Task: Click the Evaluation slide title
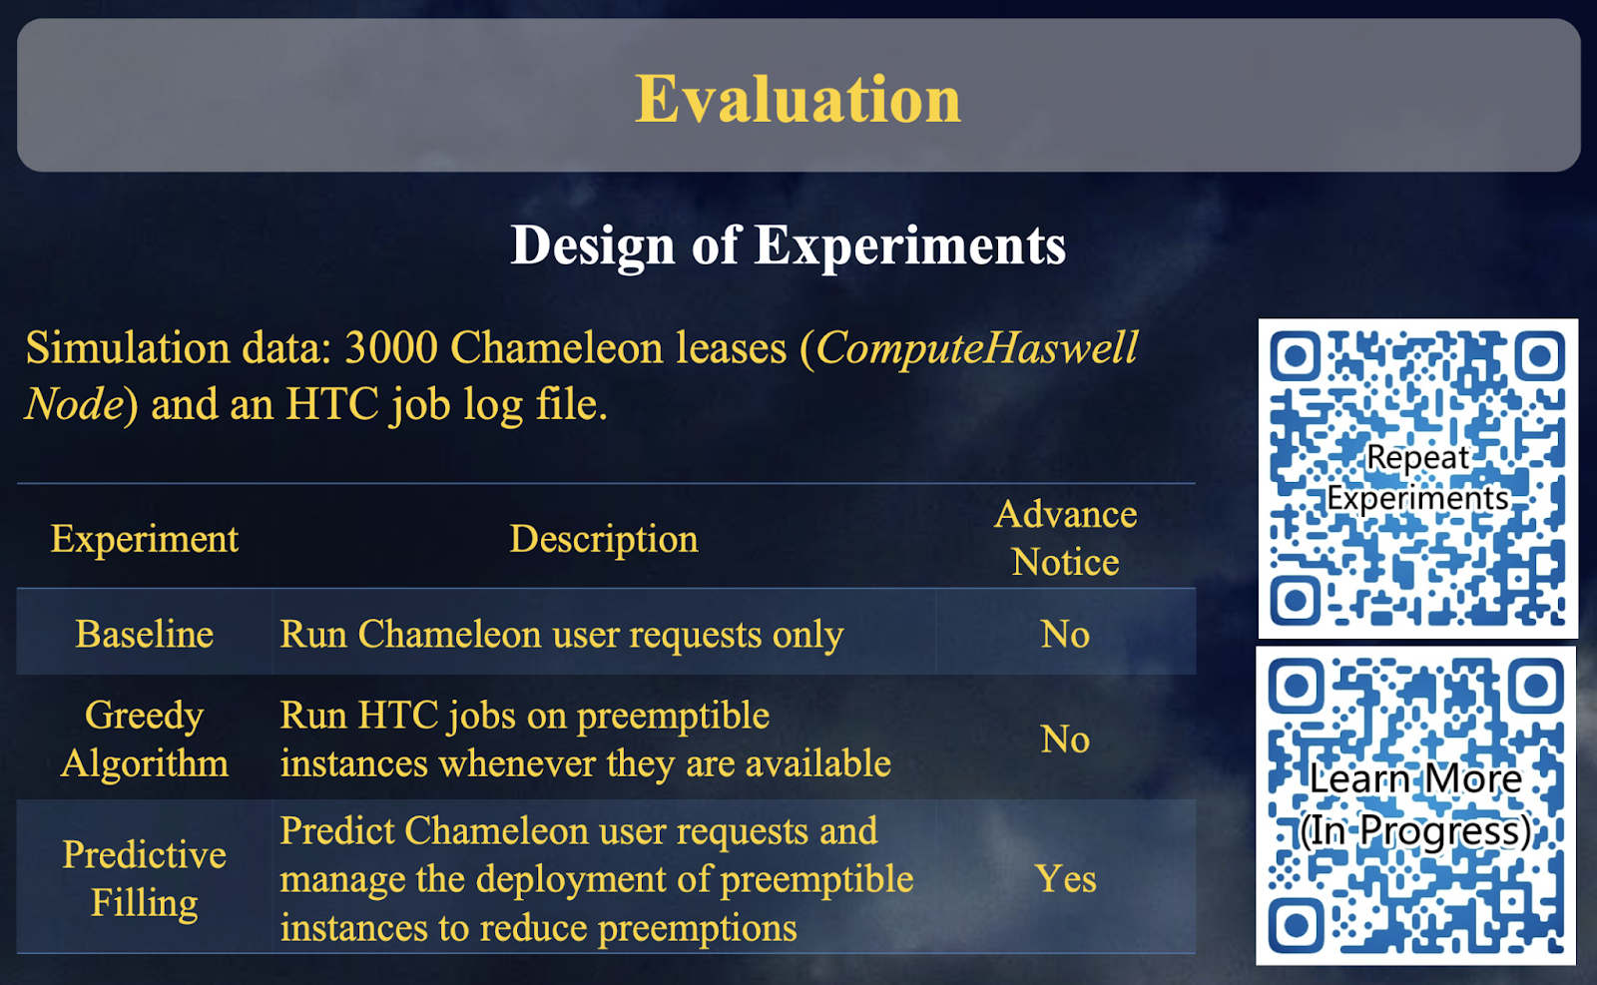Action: pos(798,99)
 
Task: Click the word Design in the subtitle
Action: pos(593,246)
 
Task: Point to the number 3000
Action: pos(390,348)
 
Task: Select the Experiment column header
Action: pos(144,539)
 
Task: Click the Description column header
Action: pos(604,539)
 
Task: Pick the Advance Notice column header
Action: pos(1066,537)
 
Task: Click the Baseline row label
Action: pos(144,634)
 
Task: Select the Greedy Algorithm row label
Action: pos(144,739)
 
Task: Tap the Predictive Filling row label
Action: pos(144,879)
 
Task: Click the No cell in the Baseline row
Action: pos(1065,634)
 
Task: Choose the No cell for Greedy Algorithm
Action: pos(1065,739)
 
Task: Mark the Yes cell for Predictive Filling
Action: pos(1066,879)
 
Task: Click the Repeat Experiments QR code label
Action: pos(1417,478)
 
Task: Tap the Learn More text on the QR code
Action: pos(1415,778)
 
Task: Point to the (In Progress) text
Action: pos(1415,831)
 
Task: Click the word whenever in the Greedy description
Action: pos(518,763)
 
